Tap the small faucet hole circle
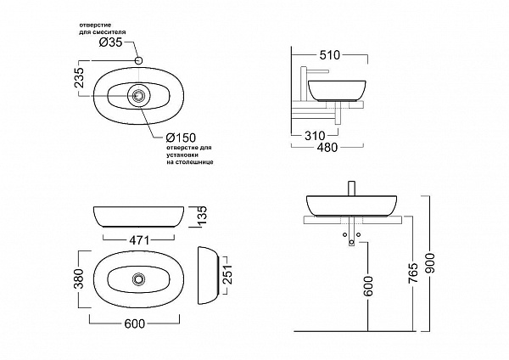(x=140, y=60)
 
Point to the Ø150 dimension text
(x=182, y=138)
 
